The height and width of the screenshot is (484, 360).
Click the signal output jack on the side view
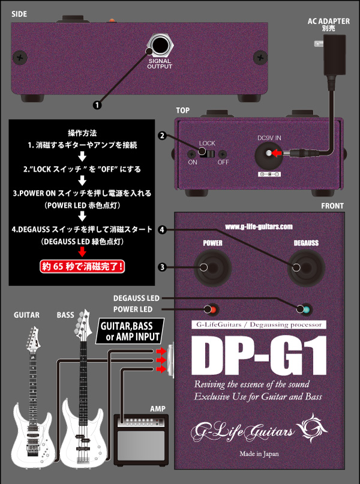pyautogui.click(x=160, y=46)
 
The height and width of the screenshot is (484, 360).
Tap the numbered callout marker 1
pyautogui.click(x=97, y=104)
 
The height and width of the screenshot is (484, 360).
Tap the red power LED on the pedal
pyautogui.click(x=210, y=309)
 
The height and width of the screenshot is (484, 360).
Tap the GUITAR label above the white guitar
pyautogui.click(x=28, y=314)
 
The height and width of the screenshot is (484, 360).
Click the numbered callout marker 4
pyautogui.click(x=161, y=230)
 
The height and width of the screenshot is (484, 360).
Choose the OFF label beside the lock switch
pyautogui.click(x=223, y=163)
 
